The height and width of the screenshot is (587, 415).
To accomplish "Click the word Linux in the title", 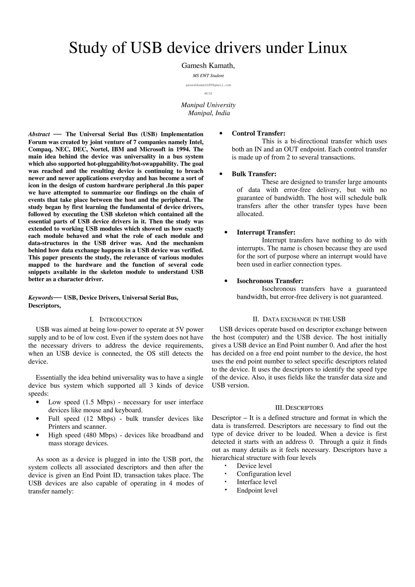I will click(327, 48).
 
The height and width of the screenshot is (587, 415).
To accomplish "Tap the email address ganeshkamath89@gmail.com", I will click(208, 85).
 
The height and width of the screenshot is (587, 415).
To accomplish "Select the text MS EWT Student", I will click(208, 76).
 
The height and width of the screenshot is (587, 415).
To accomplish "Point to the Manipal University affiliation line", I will click(208, 105).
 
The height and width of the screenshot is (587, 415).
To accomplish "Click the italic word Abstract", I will click(39, 134).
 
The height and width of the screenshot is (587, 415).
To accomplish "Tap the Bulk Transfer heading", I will click(254, 174).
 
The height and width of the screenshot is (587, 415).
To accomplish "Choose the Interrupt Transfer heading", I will click(266, 232).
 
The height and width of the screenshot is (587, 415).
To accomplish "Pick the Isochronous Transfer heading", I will click(270, 281).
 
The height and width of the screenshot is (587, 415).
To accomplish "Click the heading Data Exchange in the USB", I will click(299, 319).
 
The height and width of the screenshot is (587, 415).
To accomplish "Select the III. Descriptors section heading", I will click(299, 408).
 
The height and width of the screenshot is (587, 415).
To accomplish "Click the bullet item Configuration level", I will click(264, 474).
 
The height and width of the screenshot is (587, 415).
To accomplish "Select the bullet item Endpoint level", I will click(257, 490).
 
